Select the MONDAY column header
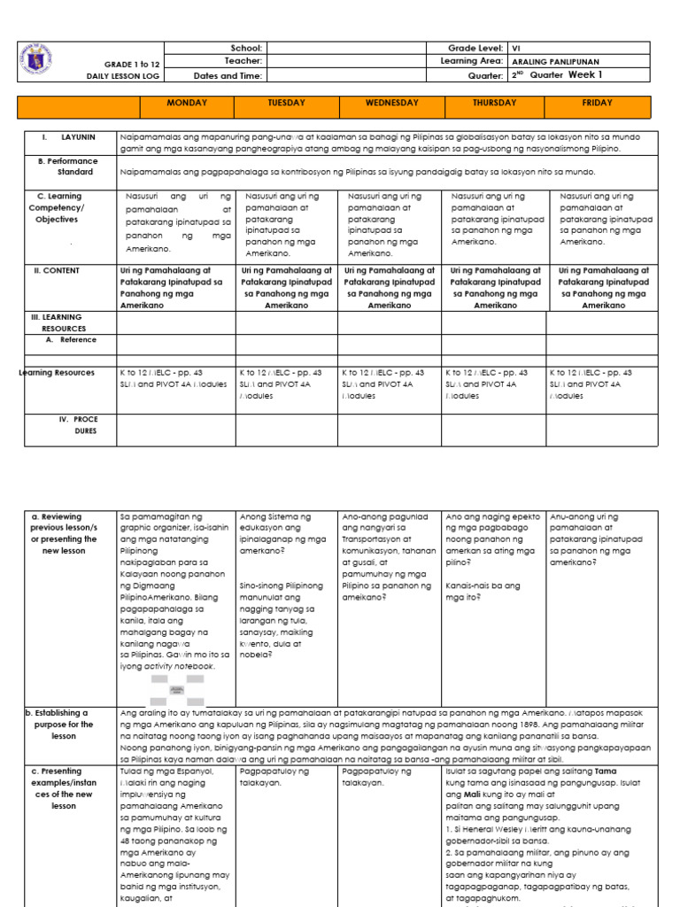pos(187,104)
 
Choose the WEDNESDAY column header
pos(391,104)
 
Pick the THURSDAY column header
pos(494,104)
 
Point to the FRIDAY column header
pos(598,104)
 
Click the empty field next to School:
pos(344,48)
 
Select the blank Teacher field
pos(344,61)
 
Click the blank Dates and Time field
pos(344,75)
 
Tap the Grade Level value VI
pos(518,48)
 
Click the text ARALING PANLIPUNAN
pos(555,62)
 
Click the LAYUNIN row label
pos(78,138)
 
